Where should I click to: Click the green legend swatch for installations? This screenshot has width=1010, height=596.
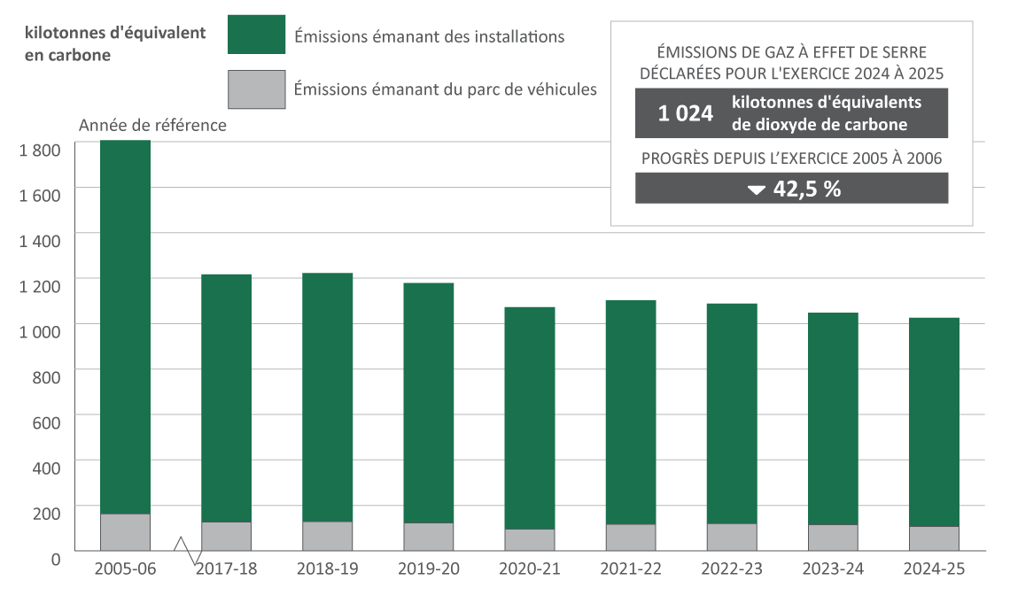tap(256, 35)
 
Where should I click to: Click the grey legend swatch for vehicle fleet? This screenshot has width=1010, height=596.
tap(256, 89)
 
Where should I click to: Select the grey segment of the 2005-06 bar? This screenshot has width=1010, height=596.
tap(125, 532)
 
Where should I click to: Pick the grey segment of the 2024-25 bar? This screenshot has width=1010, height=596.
tap(934, 538)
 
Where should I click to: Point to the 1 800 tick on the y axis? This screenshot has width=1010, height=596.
tap(39, 150)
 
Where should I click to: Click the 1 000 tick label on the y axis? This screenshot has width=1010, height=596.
tap(39, 331)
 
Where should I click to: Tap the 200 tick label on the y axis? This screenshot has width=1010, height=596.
tap(46, 513)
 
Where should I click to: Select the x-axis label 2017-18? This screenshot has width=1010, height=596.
tap(226, 569)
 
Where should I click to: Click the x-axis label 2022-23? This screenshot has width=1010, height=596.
tap(732, 569)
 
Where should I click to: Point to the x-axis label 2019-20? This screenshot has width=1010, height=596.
tap(429, 569)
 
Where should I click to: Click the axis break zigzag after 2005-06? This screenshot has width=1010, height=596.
tap(183, 548)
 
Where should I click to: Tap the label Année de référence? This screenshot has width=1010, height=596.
tap(152, 126)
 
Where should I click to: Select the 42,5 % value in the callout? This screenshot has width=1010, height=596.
tap(807, 189)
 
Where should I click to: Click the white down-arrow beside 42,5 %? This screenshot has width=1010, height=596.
tap(756, 190)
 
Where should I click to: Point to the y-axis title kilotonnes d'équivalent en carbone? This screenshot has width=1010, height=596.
tap(115, 43)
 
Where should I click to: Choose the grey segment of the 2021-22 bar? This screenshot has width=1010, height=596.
tap(631, 538)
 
